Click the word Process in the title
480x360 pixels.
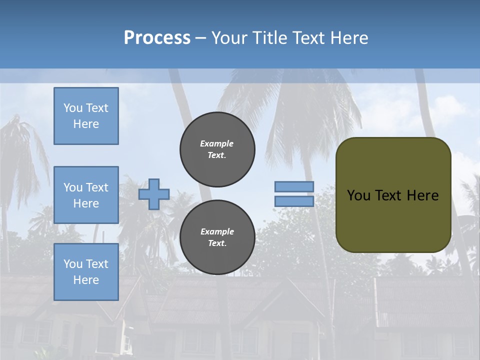[157, 38]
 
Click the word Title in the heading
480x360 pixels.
[269, 38]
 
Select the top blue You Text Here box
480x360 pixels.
[86, 116]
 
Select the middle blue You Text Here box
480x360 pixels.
[86, 195]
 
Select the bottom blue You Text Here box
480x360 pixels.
[86, 272]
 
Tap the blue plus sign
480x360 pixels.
[154, 194]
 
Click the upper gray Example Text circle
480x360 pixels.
[217, 149]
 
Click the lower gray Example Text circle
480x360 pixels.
[217, 237]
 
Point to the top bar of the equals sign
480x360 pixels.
[294, 187]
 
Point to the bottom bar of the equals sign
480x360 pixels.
[294, 201]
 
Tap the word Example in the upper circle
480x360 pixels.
[217, 143]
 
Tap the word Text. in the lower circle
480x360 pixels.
[217, 243]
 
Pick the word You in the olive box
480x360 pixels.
[358, 195]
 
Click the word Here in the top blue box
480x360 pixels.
[86, 124]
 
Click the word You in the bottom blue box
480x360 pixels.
[73, 264]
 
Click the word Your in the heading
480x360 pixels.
[231, 38]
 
